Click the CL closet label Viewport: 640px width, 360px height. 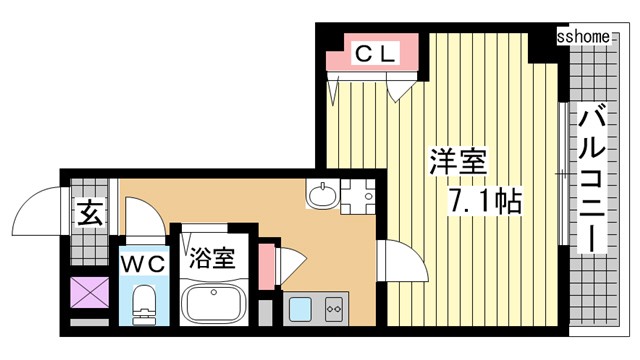tap(376, 53)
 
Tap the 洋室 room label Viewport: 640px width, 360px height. tap(458, 162)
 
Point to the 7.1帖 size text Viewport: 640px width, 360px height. tap(485, 202)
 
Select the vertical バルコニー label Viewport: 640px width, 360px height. tap(592, 178)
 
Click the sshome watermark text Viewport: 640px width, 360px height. tap(583, 37)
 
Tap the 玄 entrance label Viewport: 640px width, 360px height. tap(90, 213)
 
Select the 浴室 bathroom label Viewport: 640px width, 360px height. tap(212, 258)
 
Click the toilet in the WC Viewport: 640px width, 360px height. tap(144, 304)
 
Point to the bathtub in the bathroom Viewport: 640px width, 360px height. tap(213, 304)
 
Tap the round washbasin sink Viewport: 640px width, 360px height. tap(323, 195)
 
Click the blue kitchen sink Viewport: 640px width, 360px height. tap(300, 309)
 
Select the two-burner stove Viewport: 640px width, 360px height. tap(334, 309)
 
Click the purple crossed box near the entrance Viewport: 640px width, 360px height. tap(89, 292)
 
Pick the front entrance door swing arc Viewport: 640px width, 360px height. tap(36, 211)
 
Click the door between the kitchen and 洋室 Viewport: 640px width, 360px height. tap(402, 261)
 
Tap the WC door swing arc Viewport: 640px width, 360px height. tap(145, 217)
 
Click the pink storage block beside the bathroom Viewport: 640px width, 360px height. tap(266, 266)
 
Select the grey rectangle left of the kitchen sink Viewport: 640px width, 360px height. tap(266, 313)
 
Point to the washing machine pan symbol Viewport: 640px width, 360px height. tap(358, 196)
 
